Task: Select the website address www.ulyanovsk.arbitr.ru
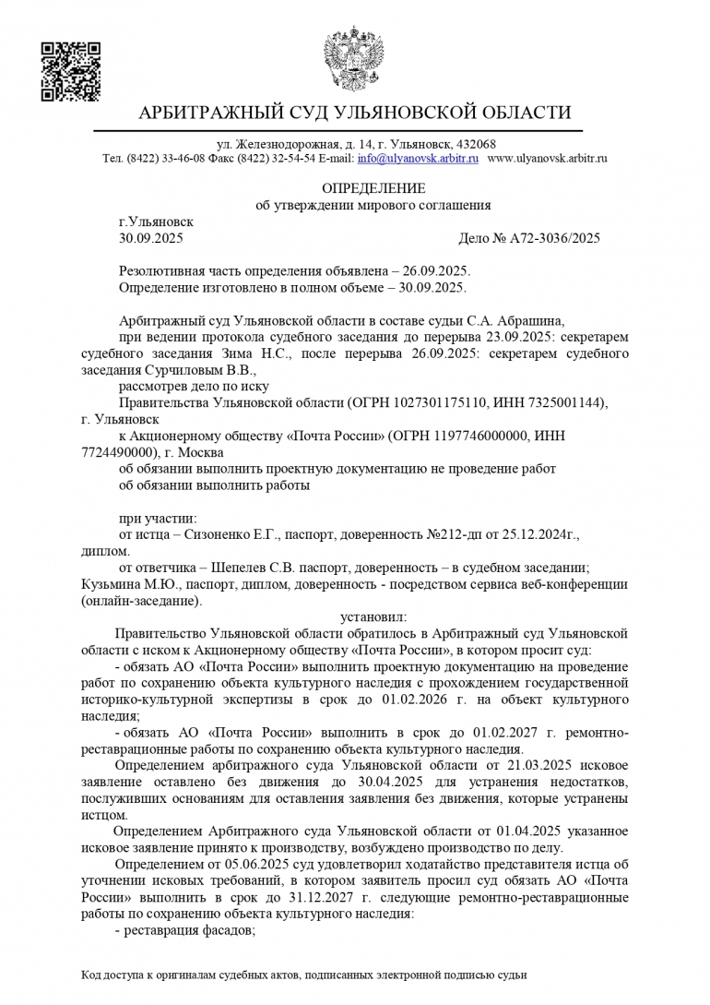point(547,159)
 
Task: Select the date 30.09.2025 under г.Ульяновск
point(151,238)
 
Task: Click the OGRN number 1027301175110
point(434,403)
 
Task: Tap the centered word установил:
point(373,616)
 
